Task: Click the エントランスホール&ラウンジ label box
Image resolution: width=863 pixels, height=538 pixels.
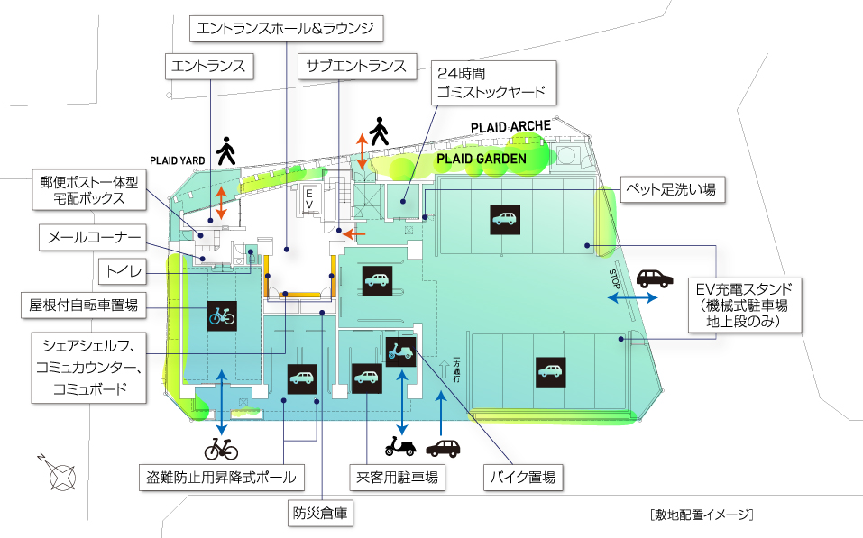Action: click(x=288, y=30)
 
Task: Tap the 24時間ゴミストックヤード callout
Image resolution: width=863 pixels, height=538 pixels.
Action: click(x=488, y=83)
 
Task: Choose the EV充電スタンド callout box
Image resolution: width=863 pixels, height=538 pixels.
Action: click(x=745, y=305)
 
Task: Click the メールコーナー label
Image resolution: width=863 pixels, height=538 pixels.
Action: click(x=93, y=238)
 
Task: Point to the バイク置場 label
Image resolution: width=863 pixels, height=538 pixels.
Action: click(x=524, y=477)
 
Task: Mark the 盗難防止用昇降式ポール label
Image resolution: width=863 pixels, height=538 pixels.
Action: click(x=221, y=477)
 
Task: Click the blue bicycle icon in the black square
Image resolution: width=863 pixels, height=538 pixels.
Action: click(x=221, y=315)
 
